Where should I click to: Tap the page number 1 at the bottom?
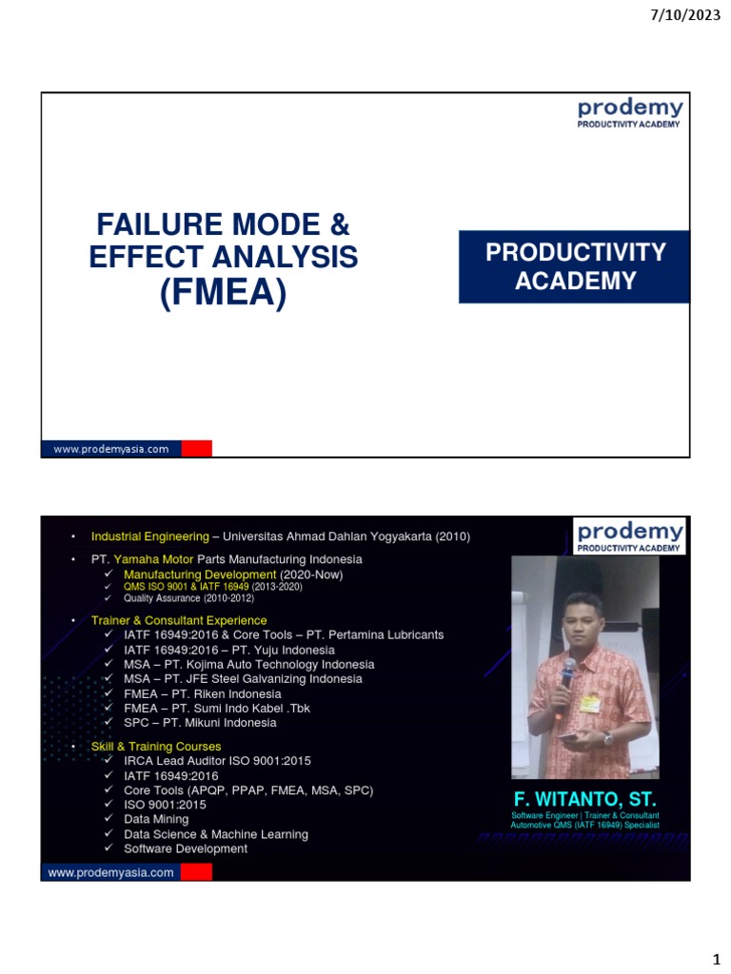717,956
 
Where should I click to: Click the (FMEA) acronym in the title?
223,293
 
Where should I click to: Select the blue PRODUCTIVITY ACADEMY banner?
575,266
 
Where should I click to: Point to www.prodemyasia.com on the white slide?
110,449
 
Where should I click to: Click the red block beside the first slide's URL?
196,449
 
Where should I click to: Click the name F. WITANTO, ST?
584,797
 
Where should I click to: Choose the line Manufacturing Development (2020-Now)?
233,575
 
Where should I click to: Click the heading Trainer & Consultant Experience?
179,620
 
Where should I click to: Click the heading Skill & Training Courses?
156,747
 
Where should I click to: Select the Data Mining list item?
156,819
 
